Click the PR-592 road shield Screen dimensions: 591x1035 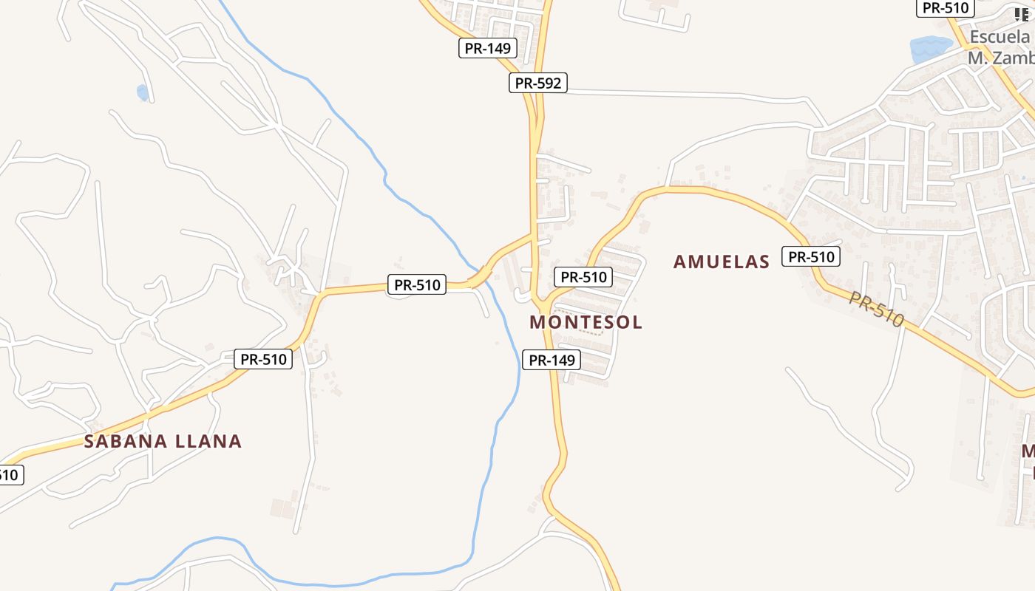(538, 83)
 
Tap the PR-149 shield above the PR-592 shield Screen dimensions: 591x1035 (487, 49)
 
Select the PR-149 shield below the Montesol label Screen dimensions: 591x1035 (552, 361)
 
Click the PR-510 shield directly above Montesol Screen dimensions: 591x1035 (583, 277)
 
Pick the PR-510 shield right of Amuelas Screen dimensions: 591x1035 (811, 257)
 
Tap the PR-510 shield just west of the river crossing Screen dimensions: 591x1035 (417, 284)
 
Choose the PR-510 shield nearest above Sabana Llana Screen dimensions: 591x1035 (263, 360)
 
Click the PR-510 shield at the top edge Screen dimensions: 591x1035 (946, 8)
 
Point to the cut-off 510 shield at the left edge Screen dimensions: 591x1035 (10, 474)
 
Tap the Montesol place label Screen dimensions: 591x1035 (586, 322)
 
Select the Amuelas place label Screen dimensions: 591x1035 (722, 262)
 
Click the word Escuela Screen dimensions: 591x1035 (1000, 37)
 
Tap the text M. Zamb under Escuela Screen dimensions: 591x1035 (1000, 57)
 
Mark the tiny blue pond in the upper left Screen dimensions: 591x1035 (142, 92)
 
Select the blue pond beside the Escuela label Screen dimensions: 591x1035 (929, 49)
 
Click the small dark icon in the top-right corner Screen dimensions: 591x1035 (1021, 14)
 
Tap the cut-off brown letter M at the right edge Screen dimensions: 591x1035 (1028, 451)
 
